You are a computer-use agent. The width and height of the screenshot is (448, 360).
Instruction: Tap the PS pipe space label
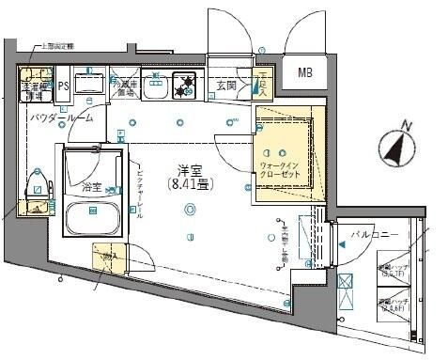point(63,86)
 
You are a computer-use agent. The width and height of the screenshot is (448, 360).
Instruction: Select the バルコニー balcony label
point(375,233)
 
